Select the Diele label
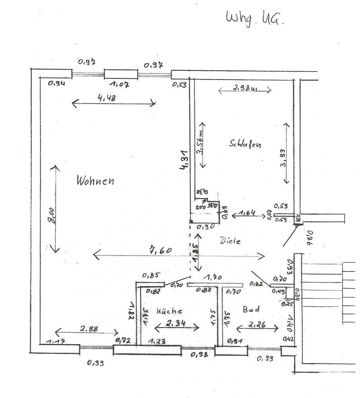(x=231, y=241)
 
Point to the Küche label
(x=169, y=310)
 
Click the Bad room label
(x=251, y=309)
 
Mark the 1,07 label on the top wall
(x=120, y=84)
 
